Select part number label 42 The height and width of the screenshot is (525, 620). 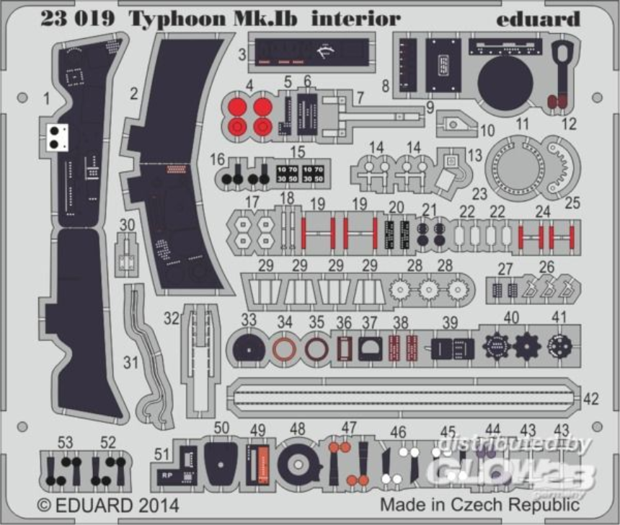pyautogui.click(x=590, y=398)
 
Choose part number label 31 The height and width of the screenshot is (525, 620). pyautogui.click(x=130, y=363)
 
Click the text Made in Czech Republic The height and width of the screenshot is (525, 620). pyautogui.click(x=479, y=503)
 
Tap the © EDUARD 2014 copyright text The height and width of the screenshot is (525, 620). pyautogui.click(x=108, y=503)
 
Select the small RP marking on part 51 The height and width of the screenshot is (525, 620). pyautogui.click(x=166, y=476)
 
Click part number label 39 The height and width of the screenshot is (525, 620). pyautogui.click(x=450, y=322)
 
